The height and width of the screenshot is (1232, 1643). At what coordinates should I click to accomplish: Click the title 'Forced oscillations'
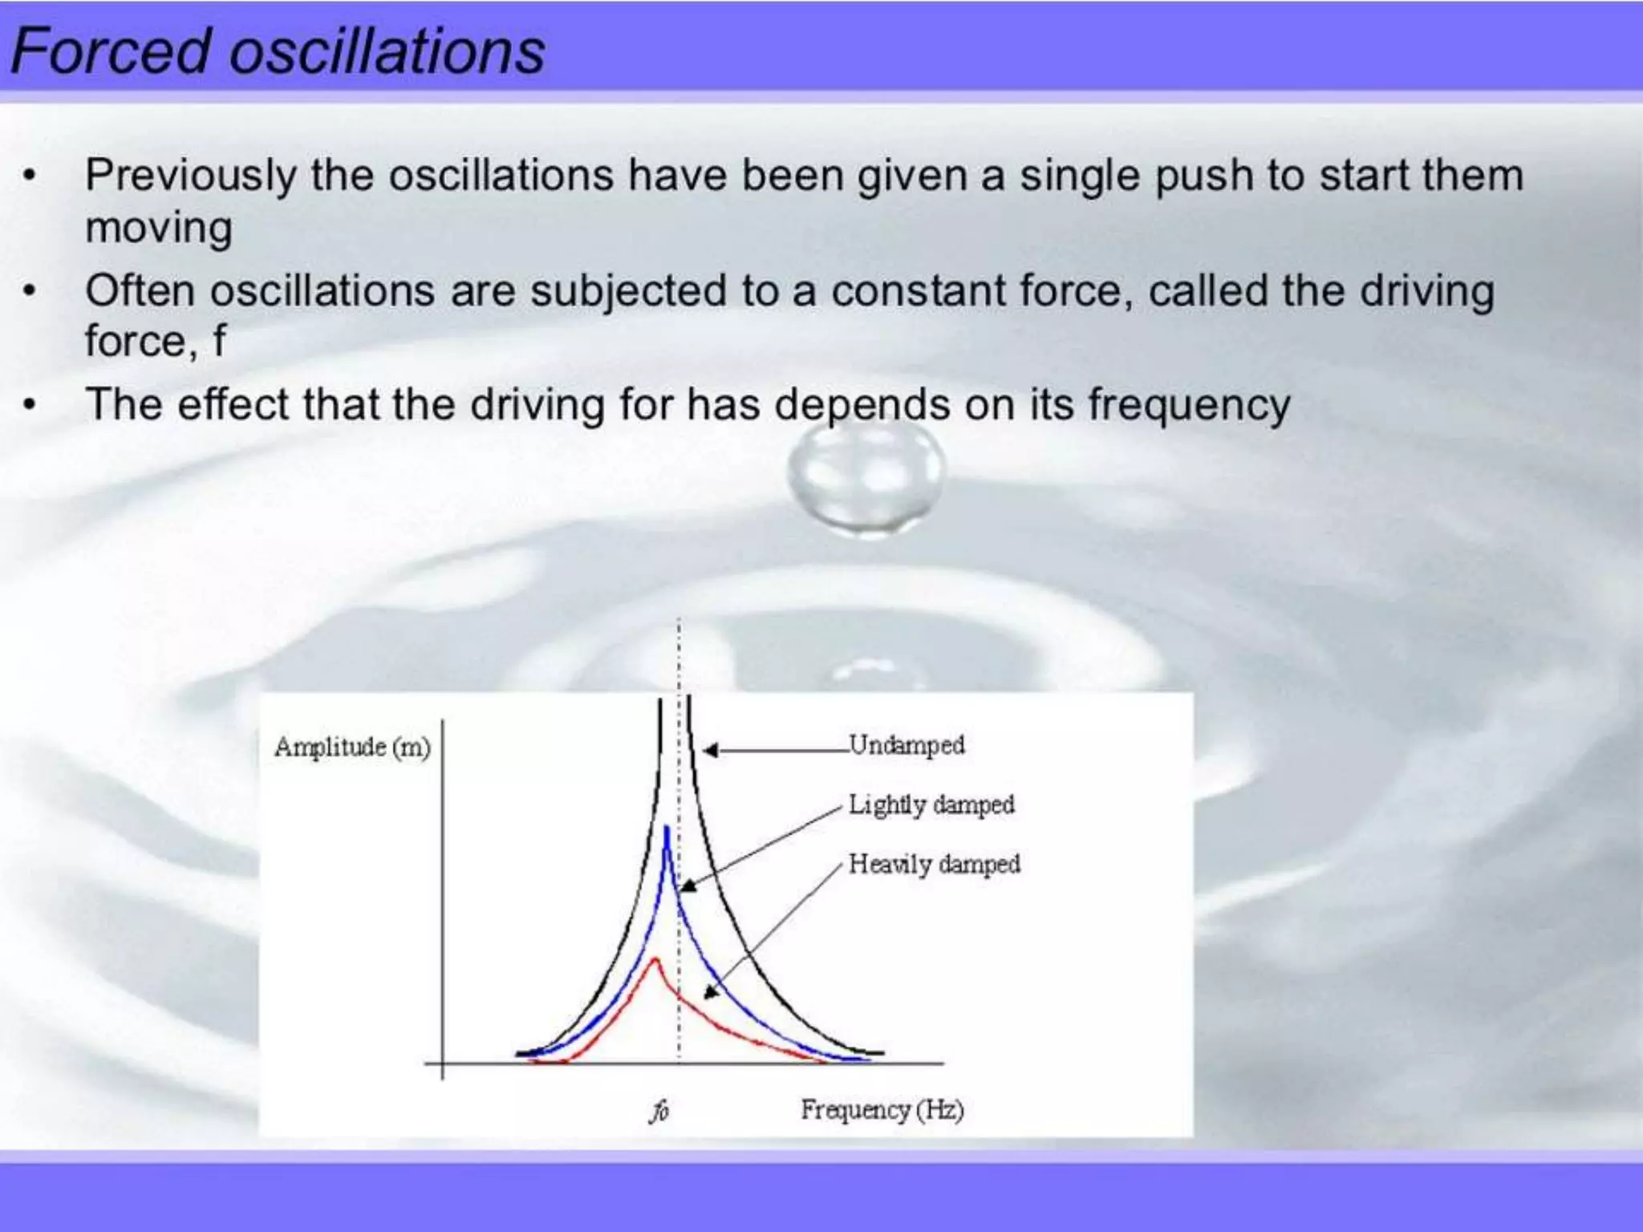click(278, 51)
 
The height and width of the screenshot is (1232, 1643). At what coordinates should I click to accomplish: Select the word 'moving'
click(159, 228)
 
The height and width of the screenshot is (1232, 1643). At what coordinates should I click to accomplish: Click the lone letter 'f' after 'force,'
click(219, 340)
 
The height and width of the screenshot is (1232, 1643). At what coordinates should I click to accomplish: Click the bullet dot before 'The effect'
click(30, 404)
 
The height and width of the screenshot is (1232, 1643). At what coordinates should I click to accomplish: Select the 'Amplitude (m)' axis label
click(352, 747)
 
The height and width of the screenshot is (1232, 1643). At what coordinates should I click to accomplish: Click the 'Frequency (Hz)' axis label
click(882, 1109)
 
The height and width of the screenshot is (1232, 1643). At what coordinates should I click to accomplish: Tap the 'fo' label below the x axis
click(659, 1111)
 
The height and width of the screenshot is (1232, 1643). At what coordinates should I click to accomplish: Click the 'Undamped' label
click(907, 744)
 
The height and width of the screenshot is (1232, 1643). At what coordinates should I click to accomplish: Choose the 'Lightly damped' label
click(931, 804)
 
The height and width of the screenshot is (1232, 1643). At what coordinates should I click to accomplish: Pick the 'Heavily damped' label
click(935, 864)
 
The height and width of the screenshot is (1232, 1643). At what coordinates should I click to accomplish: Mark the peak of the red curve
click(655, 960)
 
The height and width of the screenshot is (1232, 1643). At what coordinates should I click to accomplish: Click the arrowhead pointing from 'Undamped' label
click(710, 750)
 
